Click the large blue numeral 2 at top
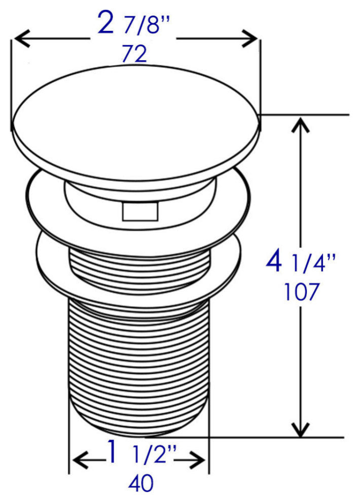tap(105, 22)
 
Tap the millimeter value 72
tap(134, 54)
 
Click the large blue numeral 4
tap(274, 261)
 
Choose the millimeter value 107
tap(302, 292)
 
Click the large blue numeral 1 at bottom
tap(112, 452)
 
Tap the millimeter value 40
tap(141, 483)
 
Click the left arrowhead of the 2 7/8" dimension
tap(22, 39)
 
